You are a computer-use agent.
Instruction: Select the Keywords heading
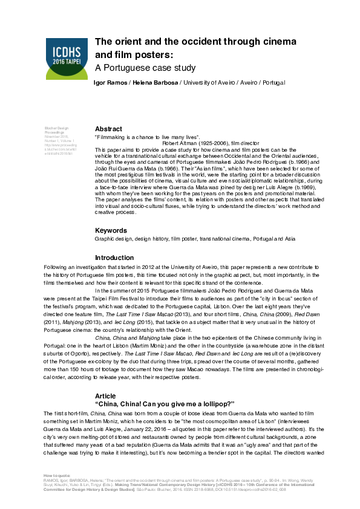(113, 230)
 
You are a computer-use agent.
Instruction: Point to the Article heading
(105, 395)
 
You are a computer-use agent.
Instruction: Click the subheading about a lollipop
(165, 403)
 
